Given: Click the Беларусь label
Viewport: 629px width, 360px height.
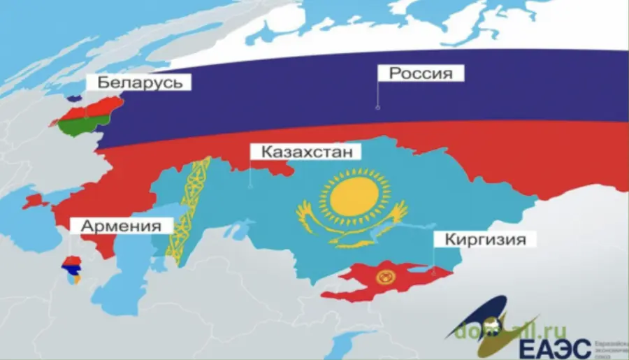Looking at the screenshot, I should [x=139, y=82].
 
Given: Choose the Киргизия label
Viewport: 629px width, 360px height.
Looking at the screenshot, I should [x=479, y=239].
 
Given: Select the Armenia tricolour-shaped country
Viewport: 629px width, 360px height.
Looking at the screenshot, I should [x=71, y=269].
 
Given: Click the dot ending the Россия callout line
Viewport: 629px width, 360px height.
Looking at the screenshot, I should [x=377, y=108].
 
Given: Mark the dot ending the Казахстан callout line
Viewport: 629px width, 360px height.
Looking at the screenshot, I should [x=250, y=187].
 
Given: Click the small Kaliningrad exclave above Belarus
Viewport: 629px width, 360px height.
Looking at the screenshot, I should [x=73, y=99].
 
